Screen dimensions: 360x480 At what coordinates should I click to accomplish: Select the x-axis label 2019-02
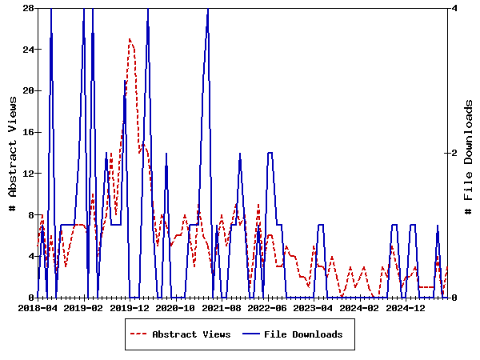click(83, 307)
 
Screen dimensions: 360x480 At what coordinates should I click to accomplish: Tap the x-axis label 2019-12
click(130, 307)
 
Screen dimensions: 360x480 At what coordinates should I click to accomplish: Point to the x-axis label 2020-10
click(175, 307)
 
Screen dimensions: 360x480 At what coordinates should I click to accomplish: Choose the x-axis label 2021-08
click(222, 307)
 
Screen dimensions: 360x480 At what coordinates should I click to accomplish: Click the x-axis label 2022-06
click(268, 307)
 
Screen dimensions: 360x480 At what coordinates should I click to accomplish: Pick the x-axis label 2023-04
click(314, 307)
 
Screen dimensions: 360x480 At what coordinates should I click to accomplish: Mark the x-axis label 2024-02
click(361, 307)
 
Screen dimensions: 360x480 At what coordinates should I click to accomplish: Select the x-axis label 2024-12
click(407, 307)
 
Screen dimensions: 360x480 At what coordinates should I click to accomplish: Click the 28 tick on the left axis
click(27, 8)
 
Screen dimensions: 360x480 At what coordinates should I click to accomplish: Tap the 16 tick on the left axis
click(27, 132)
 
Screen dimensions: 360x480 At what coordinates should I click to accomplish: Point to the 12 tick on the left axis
click(27, 174)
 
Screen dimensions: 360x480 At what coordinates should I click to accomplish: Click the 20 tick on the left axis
click(27, 90)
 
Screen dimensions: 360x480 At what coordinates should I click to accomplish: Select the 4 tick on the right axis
click(454, 8)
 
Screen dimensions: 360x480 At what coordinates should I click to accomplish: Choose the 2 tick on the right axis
click(454, 153)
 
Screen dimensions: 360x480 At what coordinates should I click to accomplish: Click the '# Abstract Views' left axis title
click(13, 153)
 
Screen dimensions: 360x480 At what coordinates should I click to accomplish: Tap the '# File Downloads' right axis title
click(469, 153)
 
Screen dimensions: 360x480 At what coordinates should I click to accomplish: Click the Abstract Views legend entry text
click(191, 334)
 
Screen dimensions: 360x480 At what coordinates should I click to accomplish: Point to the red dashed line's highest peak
click(130, 38)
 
